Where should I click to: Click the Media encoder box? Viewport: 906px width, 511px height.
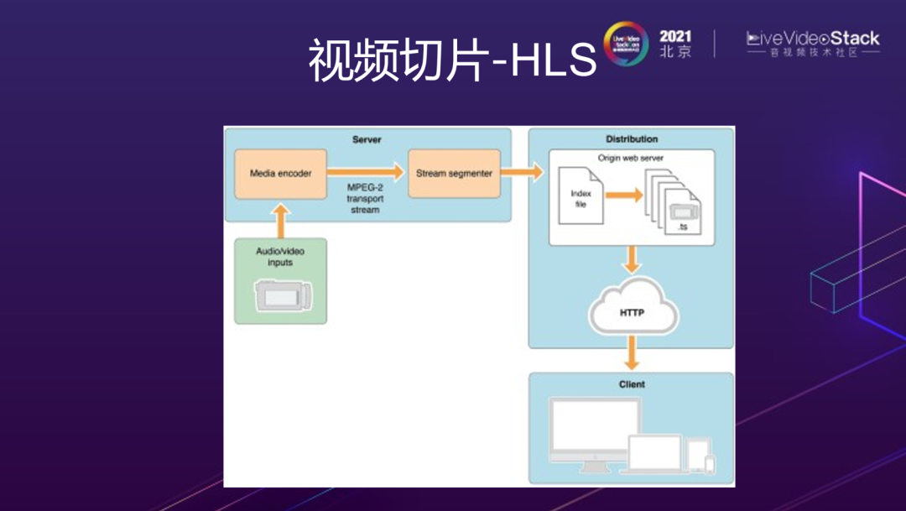[280, 174]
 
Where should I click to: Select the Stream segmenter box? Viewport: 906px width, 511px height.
[454, 174]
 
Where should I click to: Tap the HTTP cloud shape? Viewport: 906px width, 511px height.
[631, 312]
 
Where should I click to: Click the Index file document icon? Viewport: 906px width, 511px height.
[581, 198]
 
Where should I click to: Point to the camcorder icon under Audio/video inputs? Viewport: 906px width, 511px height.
[283, 295]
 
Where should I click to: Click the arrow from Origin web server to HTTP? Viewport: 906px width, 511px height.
[632, 259]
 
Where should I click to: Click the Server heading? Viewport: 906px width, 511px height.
[367, 139]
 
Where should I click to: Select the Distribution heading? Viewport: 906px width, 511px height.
[632, 139]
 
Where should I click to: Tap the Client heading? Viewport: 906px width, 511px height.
[631, 384]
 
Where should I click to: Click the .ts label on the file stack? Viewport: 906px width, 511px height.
[682, 227]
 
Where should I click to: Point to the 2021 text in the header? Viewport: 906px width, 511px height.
[675, 36]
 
